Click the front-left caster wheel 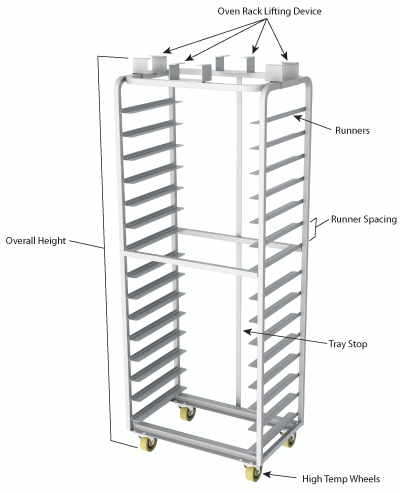coord(148,447)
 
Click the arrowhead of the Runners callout coord(295,117)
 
